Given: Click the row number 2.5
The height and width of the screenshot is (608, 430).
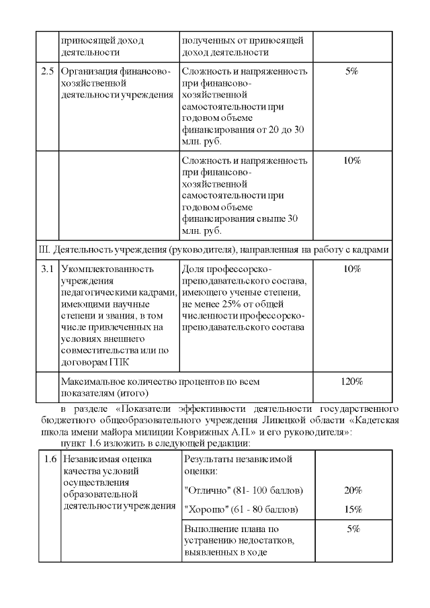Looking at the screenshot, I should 47,71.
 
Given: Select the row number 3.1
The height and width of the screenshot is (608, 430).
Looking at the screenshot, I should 47,269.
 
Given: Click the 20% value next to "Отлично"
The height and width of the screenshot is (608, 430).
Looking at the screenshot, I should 352,490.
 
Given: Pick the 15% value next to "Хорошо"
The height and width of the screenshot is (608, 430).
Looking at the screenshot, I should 352,509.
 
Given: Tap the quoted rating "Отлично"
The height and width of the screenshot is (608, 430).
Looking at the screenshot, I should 206,490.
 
